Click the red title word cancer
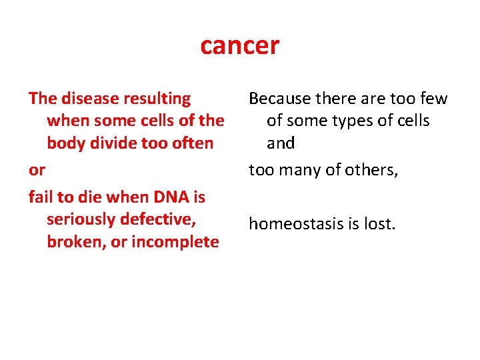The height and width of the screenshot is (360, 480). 240,46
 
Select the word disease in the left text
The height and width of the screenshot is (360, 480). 87,99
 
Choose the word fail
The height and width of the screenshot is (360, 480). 41,197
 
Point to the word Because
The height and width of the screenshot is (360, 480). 279,99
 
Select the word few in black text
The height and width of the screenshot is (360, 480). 434,99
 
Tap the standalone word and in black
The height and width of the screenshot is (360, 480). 281,143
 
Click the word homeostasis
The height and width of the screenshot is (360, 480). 295,224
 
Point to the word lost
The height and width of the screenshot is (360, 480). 381,224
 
